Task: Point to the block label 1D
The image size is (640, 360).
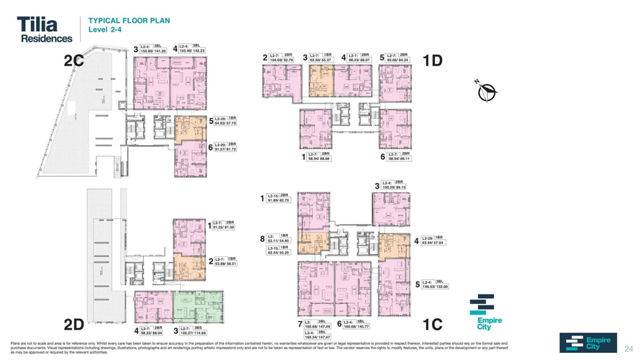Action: [x=432, y=60]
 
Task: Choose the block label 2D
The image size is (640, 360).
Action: [x=74, y=325]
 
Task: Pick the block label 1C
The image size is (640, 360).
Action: [x=432, y=325]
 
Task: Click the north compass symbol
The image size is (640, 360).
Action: [x=487, y=91]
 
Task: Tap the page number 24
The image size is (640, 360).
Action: [x=628, y=347]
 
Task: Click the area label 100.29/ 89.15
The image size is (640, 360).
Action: [x=395, y=187]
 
